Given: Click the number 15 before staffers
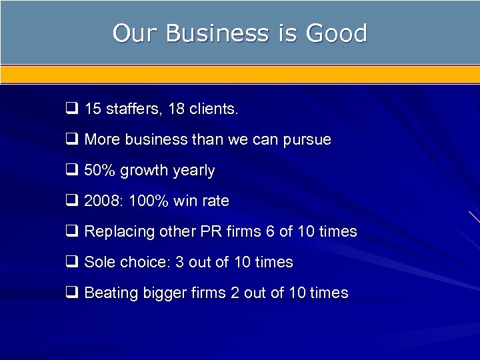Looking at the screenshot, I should coord(93,109).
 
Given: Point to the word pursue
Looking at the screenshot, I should coord(308,140).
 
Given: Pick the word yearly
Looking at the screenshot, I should coord(194,171).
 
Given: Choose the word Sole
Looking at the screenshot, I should coord(99,262).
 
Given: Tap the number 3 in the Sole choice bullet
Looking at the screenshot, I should coord(179,262).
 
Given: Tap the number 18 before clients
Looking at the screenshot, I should coord(177,109).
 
